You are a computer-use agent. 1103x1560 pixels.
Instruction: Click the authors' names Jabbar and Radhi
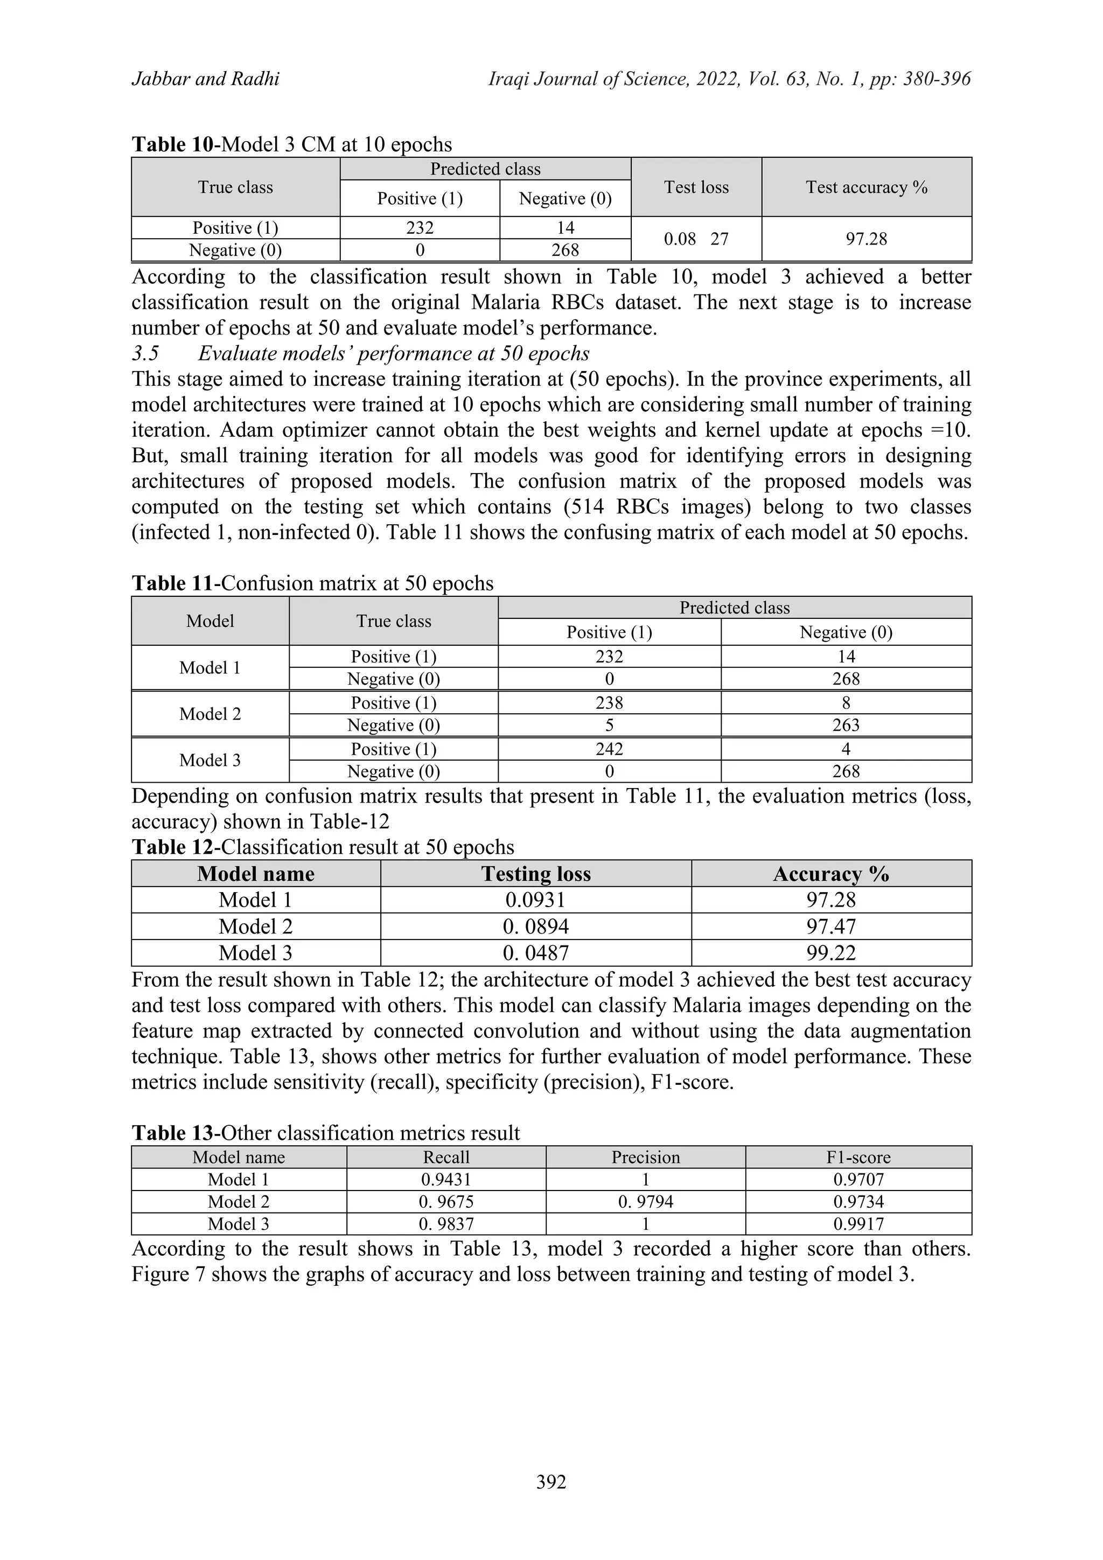[205, 80]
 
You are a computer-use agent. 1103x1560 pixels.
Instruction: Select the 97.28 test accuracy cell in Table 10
[866, 239]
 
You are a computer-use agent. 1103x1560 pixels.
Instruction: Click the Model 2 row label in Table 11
[210, 714]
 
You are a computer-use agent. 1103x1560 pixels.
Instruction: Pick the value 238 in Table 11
[609, 703]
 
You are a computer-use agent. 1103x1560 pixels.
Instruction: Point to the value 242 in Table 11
[609, 749]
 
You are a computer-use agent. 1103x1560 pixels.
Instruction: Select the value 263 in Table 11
[846, 726]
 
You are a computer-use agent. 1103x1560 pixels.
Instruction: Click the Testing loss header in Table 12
[536, 874]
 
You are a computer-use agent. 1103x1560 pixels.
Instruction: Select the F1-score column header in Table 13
[858, 1158]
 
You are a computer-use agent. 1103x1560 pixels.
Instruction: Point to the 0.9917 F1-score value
[858, 1224]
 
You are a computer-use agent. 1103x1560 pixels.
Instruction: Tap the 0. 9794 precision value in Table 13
[645, 1202]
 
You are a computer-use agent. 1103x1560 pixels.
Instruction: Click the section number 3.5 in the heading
[145, 354]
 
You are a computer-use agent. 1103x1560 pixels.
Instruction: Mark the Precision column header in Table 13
[645, 1158]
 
